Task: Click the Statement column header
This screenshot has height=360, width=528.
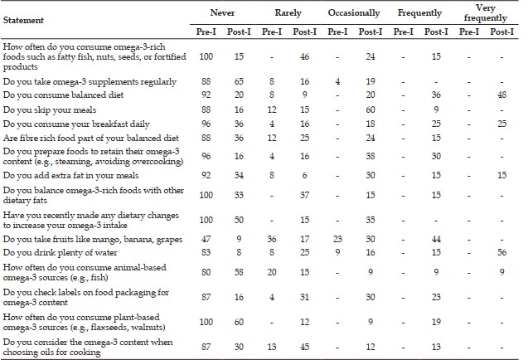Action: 23,20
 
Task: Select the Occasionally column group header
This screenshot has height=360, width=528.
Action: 354,13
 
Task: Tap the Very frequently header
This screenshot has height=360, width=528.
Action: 485,13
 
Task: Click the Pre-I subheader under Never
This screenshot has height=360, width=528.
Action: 206,32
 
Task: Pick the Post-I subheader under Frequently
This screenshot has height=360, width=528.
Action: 436,32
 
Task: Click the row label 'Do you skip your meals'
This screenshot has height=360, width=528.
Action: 50,109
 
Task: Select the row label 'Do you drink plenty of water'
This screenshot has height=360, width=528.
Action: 61,253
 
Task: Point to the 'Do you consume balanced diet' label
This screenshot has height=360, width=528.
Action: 63,95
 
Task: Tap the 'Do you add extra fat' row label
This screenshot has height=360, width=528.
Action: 70,176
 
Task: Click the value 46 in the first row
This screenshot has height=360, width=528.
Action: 305,56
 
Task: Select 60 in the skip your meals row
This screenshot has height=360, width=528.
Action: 371,109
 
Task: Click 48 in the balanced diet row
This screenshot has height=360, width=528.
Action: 501,95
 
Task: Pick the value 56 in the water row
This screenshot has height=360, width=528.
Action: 501,253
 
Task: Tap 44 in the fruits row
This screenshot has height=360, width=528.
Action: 436,240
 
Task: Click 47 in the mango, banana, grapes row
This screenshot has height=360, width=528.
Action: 206,240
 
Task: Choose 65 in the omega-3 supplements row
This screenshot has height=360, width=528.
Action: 239,81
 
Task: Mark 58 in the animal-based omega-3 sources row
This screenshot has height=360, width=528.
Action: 239,272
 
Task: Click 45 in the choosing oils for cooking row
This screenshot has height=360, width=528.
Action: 305,348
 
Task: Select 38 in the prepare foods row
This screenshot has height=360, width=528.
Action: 371,157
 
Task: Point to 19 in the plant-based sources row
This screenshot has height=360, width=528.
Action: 436,322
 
